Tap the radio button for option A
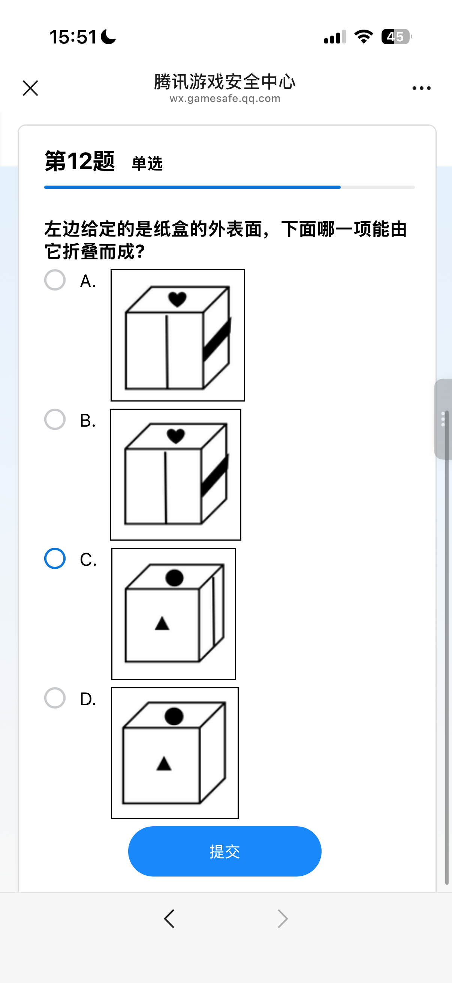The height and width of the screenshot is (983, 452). point(55,280)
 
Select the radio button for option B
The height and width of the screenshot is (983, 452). point(55,420)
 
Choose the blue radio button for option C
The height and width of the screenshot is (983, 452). point(55,559)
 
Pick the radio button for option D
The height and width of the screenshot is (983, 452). point(55,698)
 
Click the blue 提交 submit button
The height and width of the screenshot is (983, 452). point(225,851)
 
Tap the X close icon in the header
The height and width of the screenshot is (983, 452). point(30,88)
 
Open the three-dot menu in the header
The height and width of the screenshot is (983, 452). point(422,88)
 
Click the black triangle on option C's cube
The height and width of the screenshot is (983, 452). point(162,623)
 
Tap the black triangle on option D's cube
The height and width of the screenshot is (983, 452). point(164,763)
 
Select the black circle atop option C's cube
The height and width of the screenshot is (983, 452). point(174,578)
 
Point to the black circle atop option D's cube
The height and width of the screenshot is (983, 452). point(174,716)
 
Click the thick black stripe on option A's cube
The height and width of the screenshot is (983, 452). point(217,339)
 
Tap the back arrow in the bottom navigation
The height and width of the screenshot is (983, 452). point(169,919)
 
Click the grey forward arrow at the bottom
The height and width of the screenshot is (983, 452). point(283,919)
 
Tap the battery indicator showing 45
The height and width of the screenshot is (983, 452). point(397,37)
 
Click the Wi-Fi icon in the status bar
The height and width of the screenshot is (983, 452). point(364,37)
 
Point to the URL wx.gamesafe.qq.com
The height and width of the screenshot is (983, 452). point(225,99)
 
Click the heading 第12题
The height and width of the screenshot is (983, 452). point(80,161)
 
